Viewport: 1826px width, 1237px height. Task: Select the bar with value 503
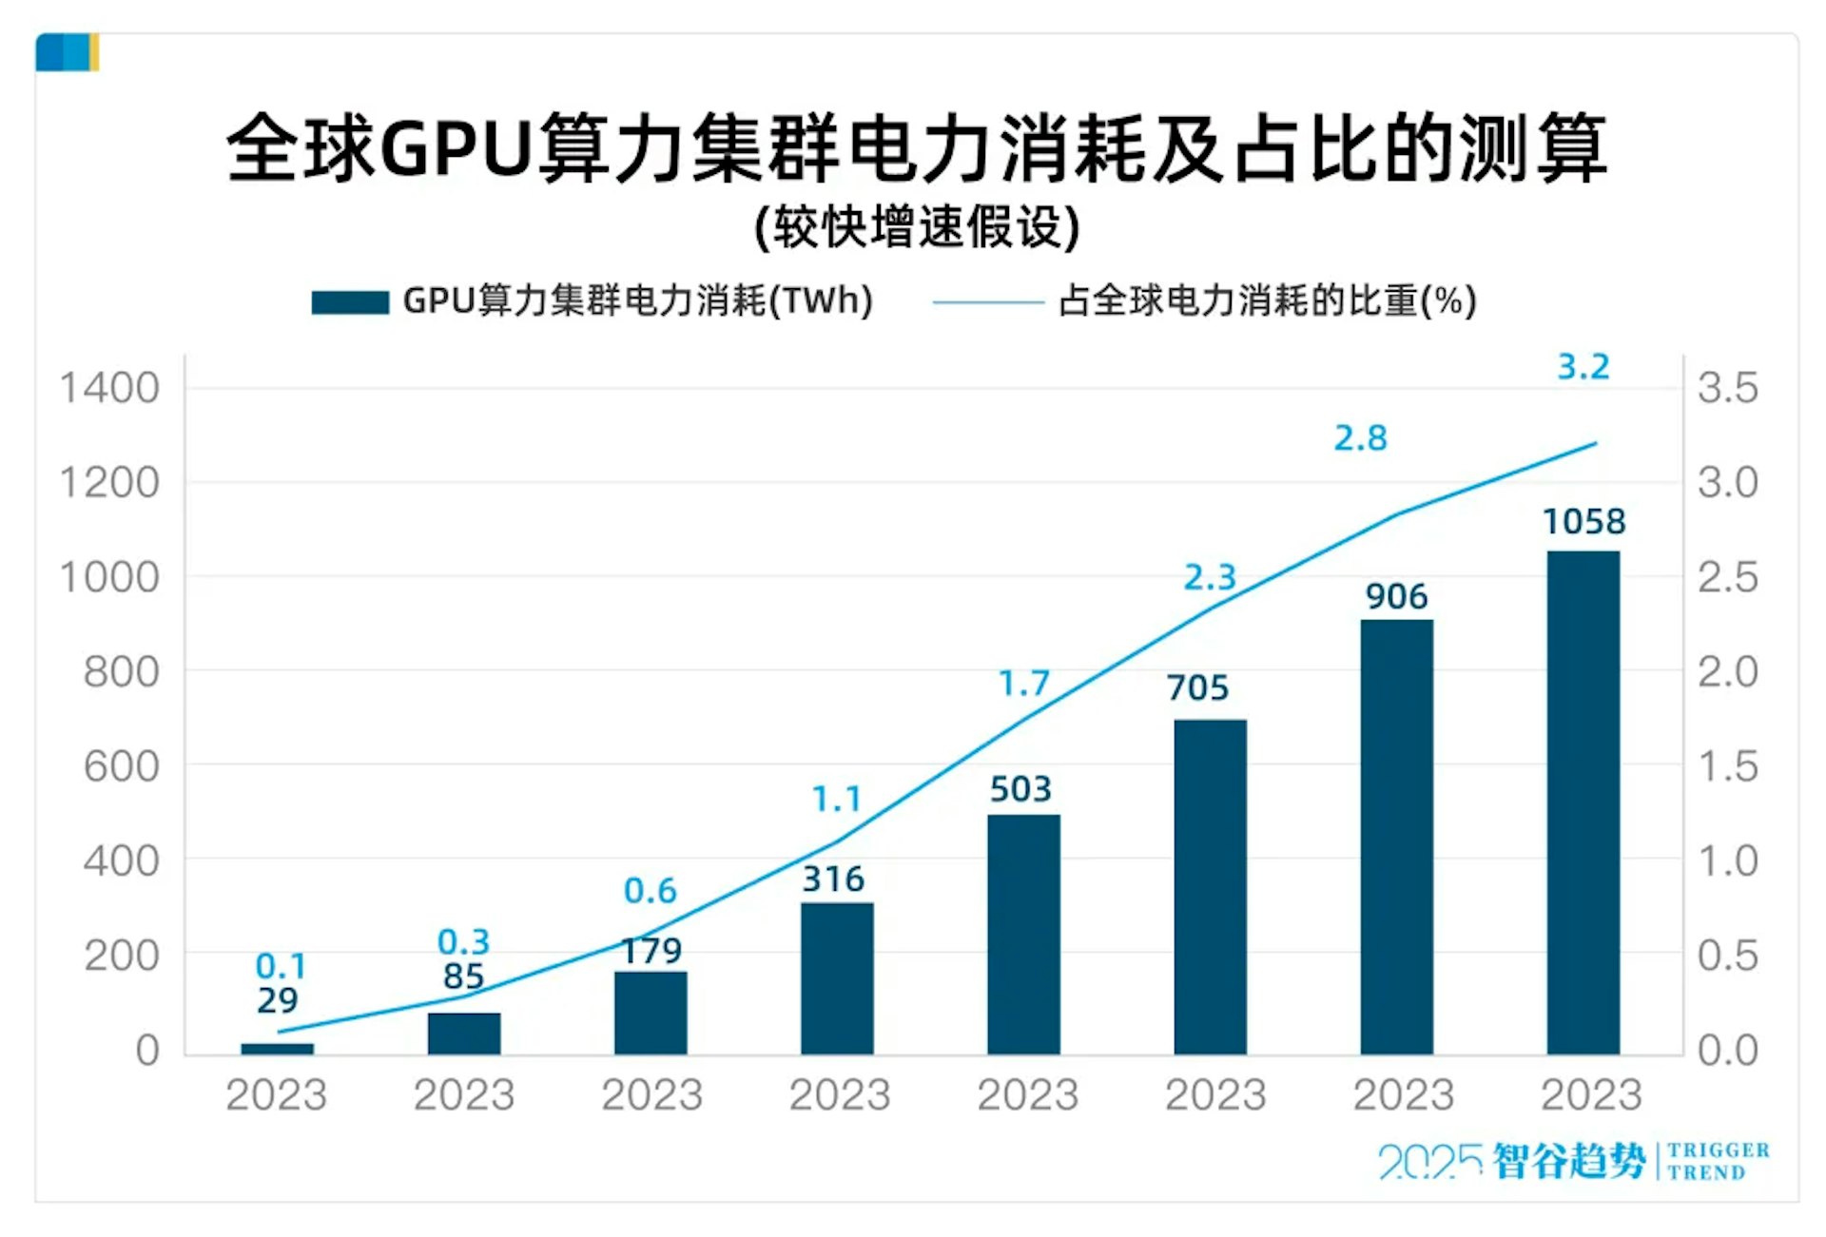pyautogui.click(x=1023, y=934)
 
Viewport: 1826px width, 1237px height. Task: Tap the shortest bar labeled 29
pyautogui.click(x=277, y=1049)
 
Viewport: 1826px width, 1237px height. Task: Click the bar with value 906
pyautogui.click(x=1396, y=837)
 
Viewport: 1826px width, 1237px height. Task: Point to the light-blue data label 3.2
pyautogui.click(x=1583, y=367)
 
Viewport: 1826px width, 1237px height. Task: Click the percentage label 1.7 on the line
pyautogui.click(x=1023, y=683)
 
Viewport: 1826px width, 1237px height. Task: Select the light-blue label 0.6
pyautogui.click(x=650, y=891)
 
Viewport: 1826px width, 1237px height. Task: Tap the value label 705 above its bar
pyautogui.click(x=1197, y=687)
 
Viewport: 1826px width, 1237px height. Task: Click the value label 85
pyautogui.click(x=463, y=976)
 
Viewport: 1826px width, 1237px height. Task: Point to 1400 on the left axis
pyautogui.click(x=109, y=388)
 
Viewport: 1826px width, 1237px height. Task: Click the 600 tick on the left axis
pyautogui.click(x=121, y=766)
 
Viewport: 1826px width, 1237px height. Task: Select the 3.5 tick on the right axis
pyautogui.click(x=1728, y=388)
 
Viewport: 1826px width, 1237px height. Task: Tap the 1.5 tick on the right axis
pyautogui.click(x=1728, y=766)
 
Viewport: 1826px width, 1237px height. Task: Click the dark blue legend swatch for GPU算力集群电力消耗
pyautogui.click(x=350, y=302)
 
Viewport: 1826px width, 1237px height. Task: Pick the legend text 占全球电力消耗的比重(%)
pyautogui.click(x=1267, y=300)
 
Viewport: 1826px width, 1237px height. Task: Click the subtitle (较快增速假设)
pyautogui.click(x=917, y=227)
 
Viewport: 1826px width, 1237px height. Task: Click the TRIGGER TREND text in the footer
pyautogui.click(x=1718, y=1161)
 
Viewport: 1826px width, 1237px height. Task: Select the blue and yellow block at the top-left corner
pyautogui.click(x=68, y=52)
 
